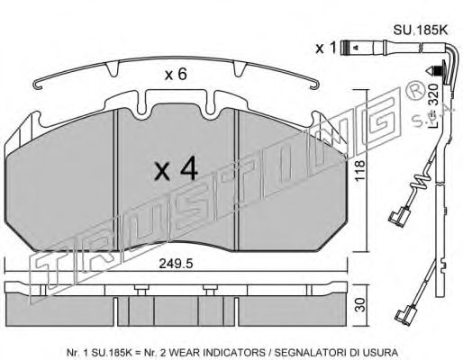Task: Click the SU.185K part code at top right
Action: pyautogui.click(x=421, y=31)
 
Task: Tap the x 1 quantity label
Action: pyautogui.click(x=325, y=48)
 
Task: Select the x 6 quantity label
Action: pyautogui.click(x=176, y=74)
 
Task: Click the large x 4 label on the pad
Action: pyautogui.click(x=176, y=169)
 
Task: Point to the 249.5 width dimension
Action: pyautogui.click(x=176, y=265)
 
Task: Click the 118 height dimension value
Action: pyautogui.click(x=359, y=170)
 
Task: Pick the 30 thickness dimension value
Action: pyautogui.click(x=361, y=304)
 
